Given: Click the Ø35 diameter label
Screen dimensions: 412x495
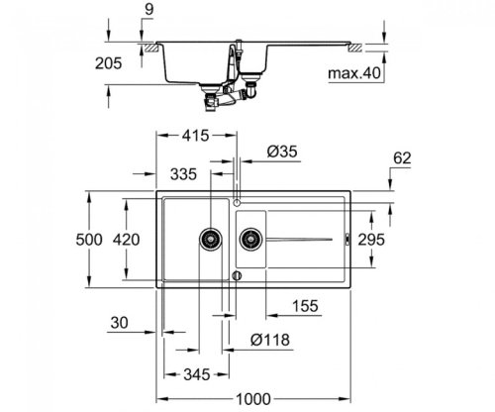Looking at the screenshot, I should [281, 153].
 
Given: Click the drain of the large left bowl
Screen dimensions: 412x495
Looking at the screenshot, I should [210, 238].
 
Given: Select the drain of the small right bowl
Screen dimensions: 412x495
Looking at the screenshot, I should [248, 238].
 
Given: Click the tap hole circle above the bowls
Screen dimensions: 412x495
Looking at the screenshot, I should [237, 188].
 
